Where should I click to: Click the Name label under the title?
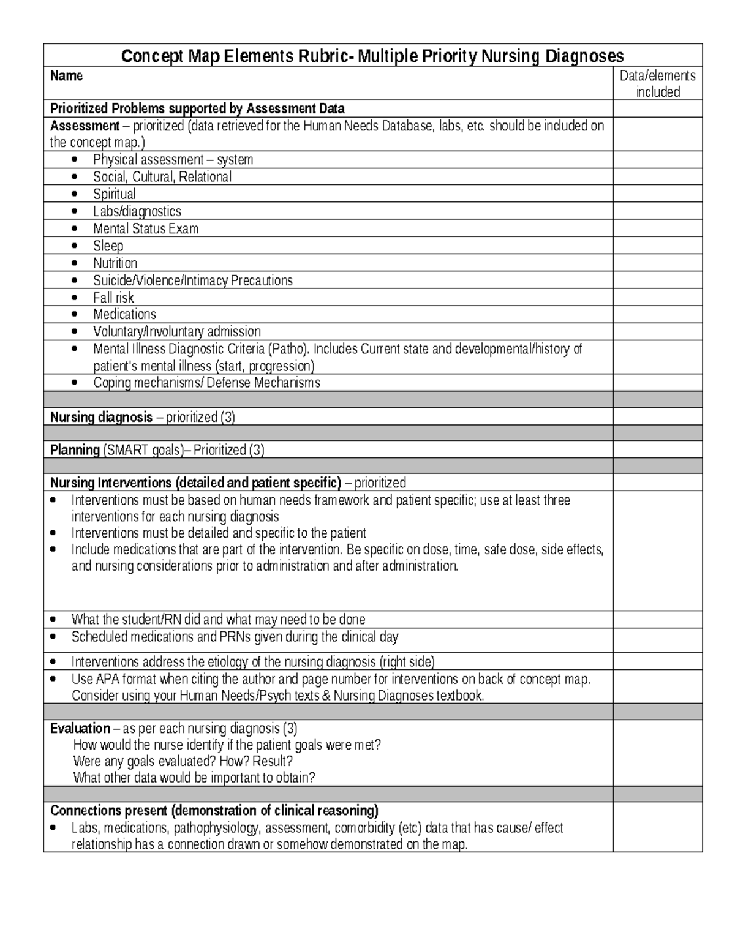[66, 76]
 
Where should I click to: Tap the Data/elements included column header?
[658, 83]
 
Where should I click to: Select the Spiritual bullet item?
[114, 194]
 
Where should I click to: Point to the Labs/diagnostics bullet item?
[137, 211]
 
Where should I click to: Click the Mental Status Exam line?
[146, 228]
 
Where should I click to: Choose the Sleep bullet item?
[108, 246]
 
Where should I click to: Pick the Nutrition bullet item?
[115, 263]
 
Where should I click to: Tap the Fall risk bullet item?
[113, 298]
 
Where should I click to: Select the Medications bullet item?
[124, 314]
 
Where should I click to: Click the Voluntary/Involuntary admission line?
[176, 331]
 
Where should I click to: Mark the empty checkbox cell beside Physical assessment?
[658, 160]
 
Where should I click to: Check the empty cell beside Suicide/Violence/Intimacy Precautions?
[658, 280]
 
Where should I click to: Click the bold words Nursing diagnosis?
[101, 417]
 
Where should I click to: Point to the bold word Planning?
[75, 450]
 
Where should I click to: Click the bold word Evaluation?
[80, 728]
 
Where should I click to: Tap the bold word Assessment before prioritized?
[85, 126]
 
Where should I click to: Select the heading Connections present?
[108, 810]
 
